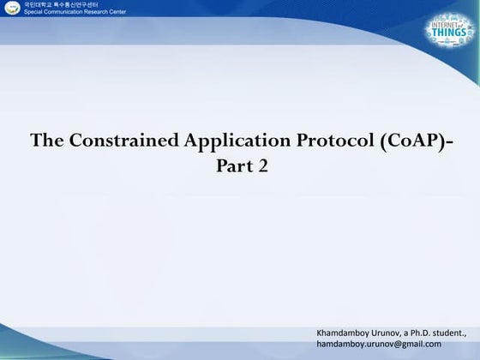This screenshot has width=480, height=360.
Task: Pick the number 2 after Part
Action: pyautogui.click(x=262, y=165)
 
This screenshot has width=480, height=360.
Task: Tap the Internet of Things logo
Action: pyautogui.click(x=448, y=32)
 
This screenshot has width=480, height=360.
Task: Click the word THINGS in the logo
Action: pyautogui.click(x=448, y=42)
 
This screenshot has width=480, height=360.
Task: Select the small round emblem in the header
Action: pyautogui.click(x=9, y=9)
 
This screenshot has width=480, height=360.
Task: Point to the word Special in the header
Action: pyautogui.click(x=35, y=14)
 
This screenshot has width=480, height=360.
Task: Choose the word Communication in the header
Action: pyautogui.click(x=75, y=14)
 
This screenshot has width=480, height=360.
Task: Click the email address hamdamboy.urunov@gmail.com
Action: pyautogui.click(x=379, y=344)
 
